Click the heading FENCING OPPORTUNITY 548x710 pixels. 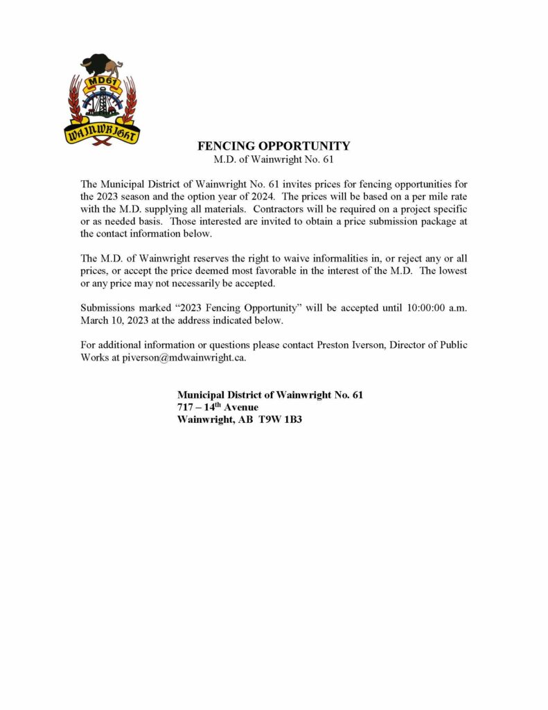pyautogui.click(x=274, y=146)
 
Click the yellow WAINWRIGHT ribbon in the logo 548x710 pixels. pyautogui.click(x=102, y=132)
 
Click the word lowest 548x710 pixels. pyautogui.click(x=452, y=271)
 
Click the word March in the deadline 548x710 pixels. pyautogui.click(x=96, y=320)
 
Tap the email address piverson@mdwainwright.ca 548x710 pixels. pyautogui.click(x=184, y=358)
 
